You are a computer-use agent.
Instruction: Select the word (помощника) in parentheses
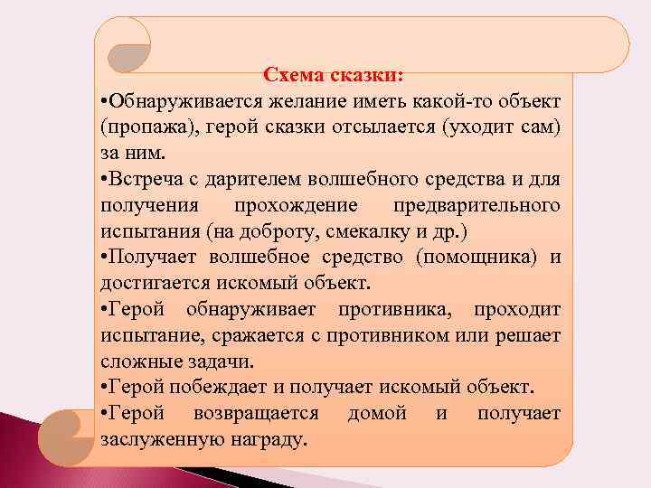(481, 258)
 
